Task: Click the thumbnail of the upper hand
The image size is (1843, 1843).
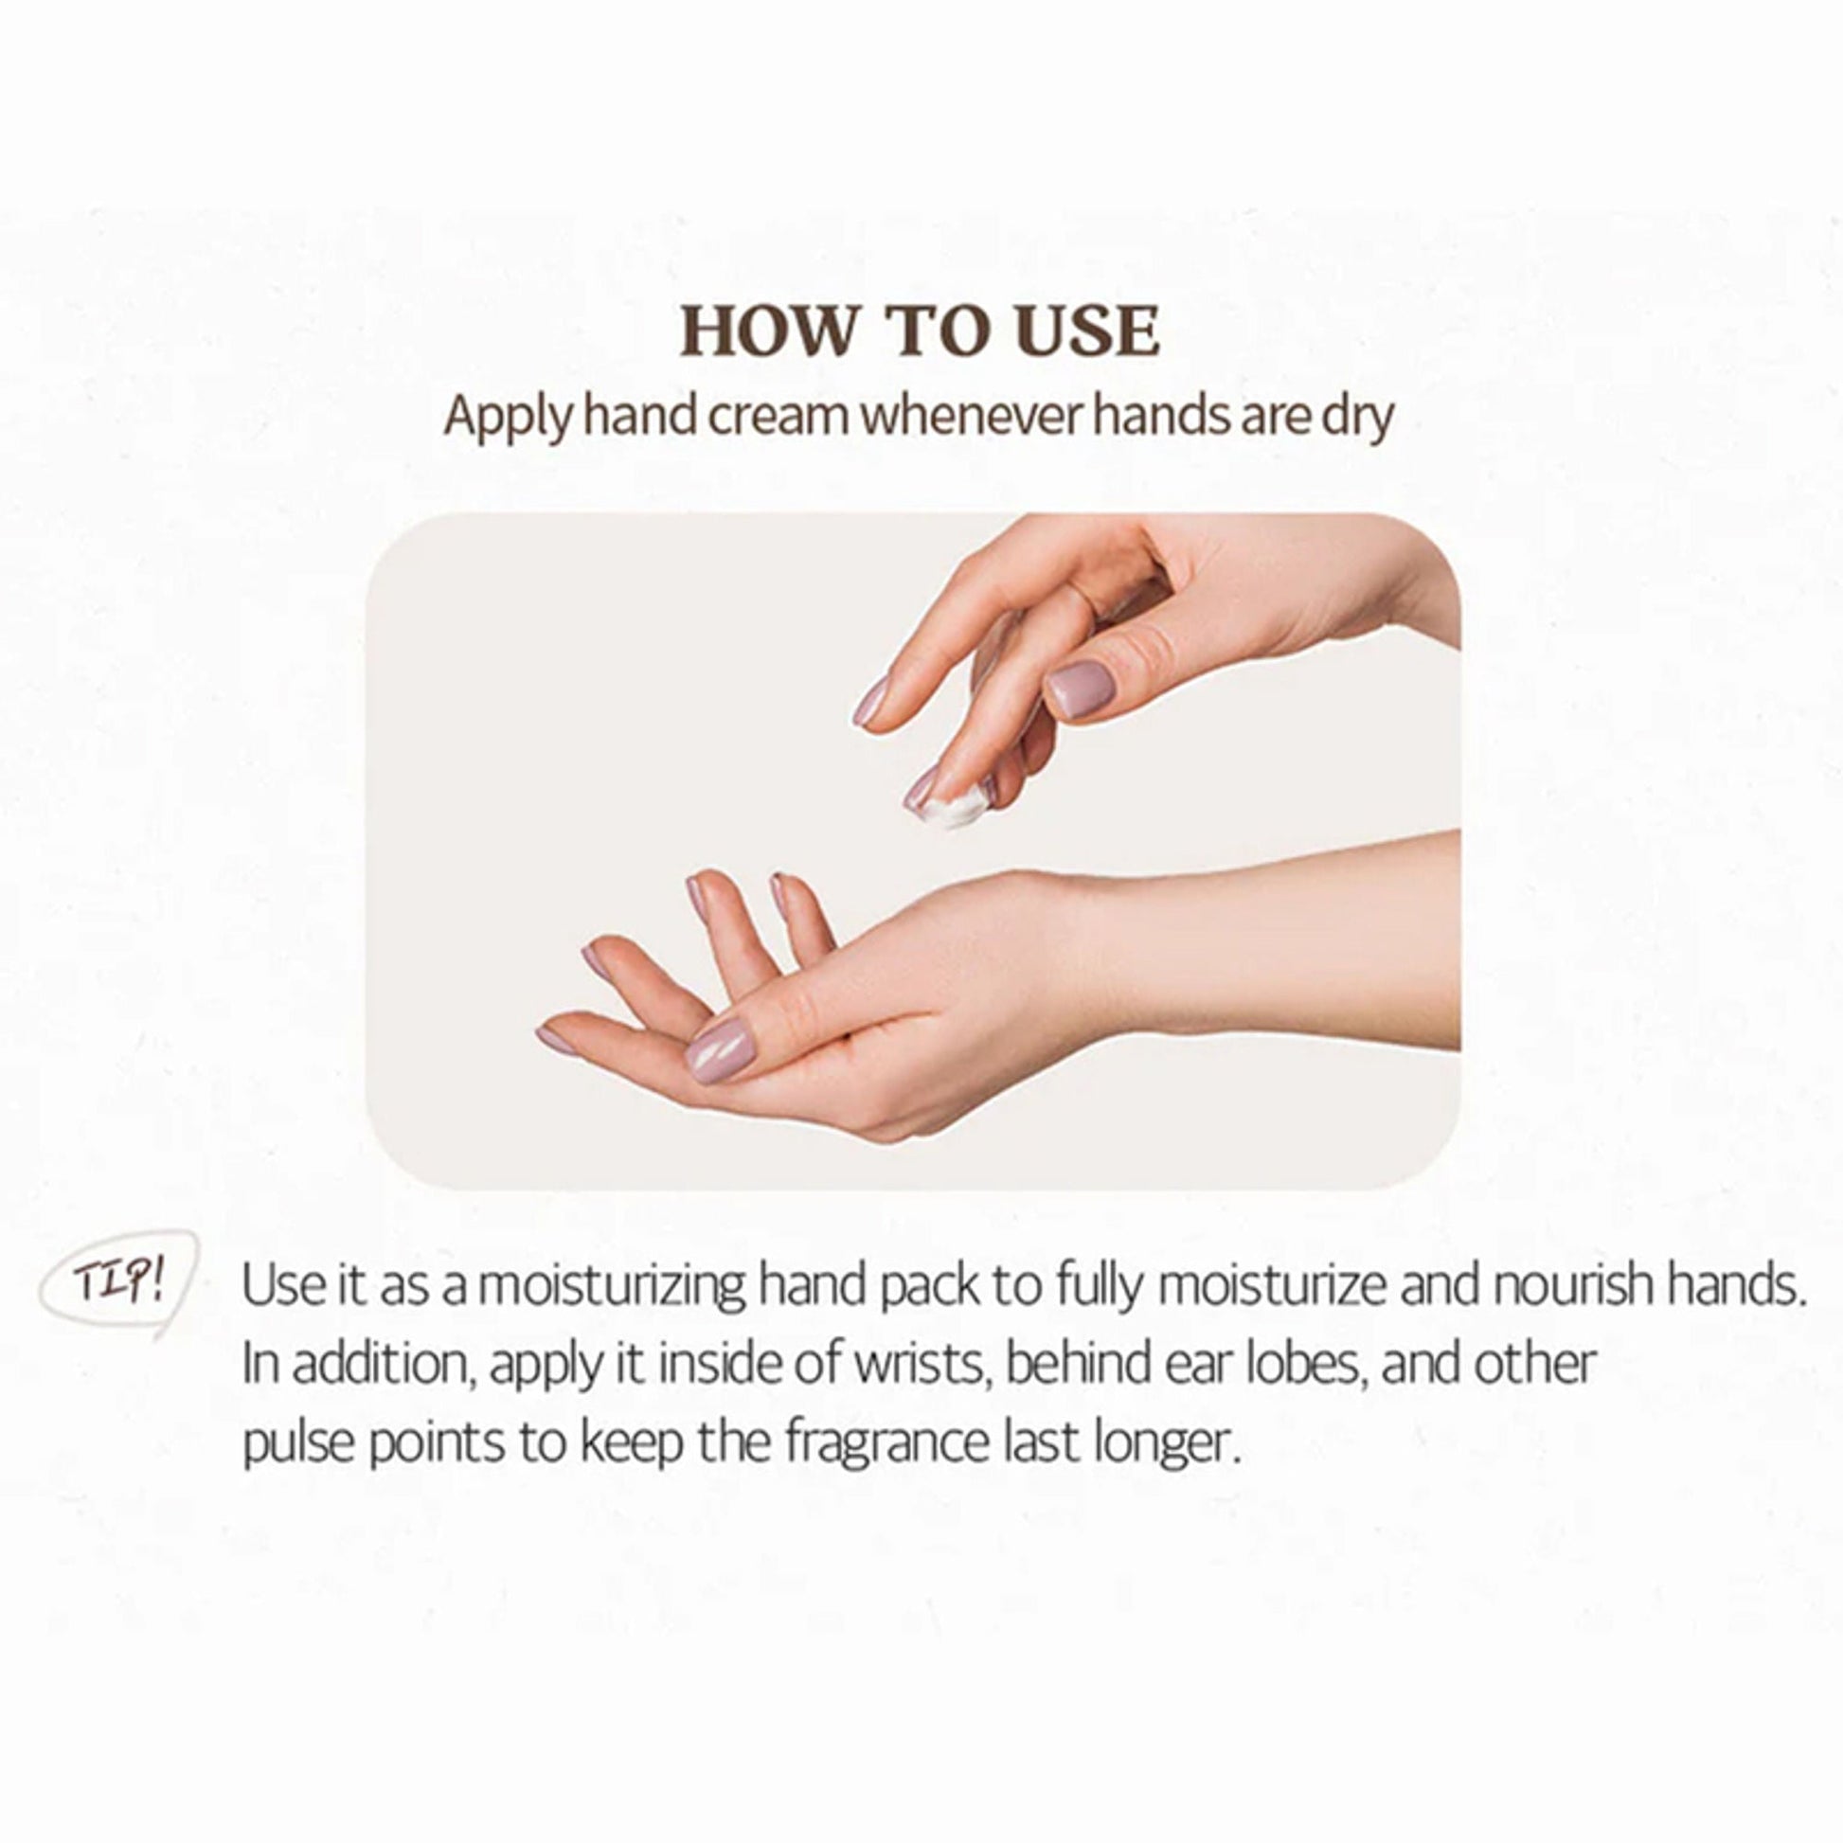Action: (x=1081, y=688)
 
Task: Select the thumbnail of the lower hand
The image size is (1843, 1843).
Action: (x=720, y=1048)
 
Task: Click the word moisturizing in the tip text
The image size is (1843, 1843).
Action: (x=612, y=1286)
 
